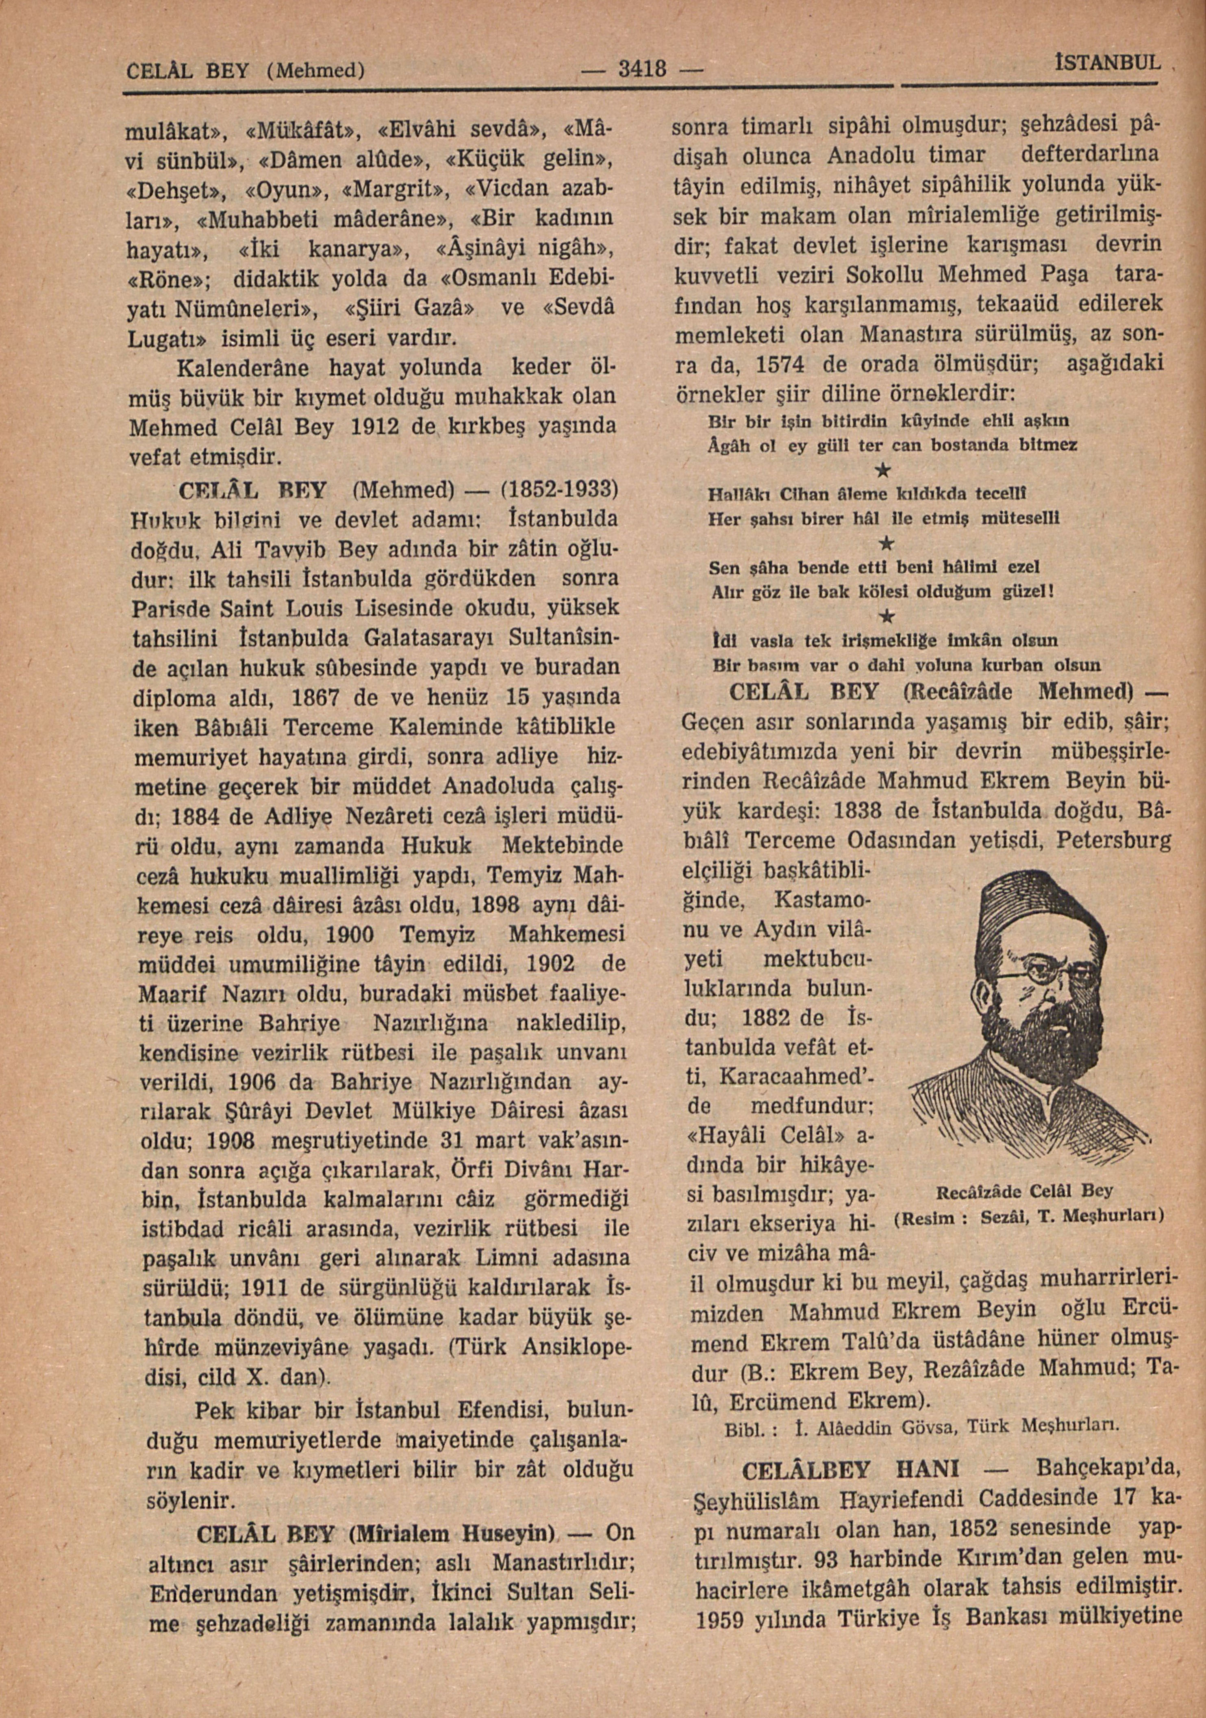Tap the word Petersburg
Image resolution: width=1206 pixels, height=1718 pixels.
pos(1114,841)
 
